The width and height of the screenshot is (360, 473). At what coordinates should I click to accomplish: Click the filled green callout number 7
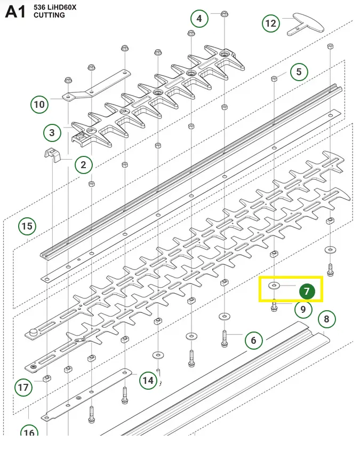[307, 291]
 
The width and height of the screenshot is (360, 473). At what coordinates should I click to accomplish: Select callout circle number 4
[199, 19]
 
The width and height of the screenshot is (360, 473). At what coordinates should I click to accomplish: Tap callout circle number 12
[271, 23]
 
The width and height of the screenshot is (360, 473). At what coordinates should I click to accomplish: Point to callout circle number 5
[299, 72]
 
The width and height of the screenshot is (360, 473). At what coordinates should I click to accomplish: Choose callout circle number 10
[39, 105]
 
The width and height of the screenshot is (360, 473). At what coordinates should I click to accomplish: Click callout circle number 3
[52, 133]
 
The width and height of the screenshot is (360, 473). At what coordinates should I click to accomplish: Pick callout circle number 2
[83, 165]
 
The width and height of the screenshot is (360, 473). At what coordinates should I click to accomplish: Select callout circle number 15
[27, 226]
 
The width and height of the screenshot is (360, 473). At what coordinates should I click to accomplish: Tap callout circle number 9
[303, 309]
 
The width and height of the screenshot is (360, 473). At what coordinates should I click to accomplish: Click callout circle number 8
[326, 319]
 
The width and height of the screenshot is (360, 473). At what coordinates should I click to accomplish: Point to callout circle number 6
[254, 340]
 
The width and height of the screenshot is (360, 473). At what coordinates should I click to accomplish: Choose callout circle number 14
[148, 381]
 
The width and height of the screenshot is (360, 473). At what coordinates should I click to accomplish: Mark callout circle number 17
[23, 387]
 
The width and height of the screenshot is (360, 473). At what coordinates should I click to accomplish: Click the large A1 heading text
[15, 12]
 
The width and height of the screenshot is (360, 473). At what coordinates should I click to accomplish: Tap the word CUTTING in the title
[49, 15]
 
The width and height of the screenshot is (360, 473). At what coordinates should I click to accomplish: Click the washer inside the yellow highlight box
[274, 285]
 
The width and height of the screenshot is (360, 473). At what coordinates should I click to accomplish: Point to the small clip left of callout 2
[52, 155]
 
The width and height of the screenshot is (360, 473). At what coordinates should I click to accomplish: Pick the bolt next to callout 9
[274, 305]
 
